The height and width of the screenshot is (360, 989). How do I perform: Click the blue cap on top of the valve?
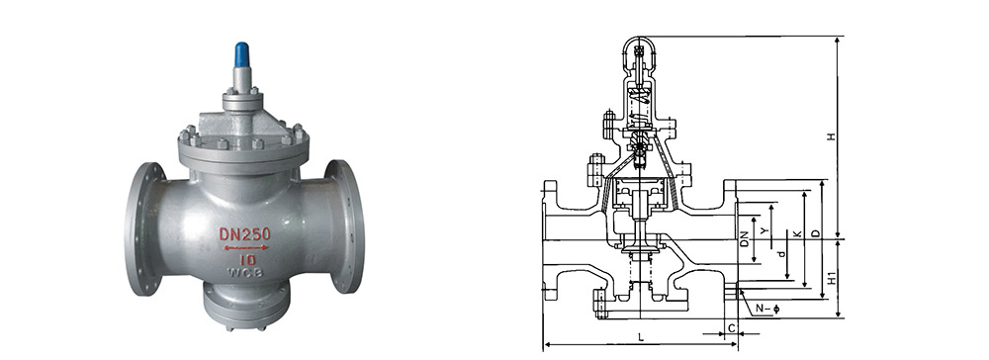(x=241, y=54)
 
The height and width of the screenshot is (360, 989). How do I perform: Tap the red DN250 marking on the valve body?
(x=244, y=234)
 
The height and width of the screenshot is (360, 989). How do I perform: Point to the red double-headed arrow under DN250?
(x=246, y=248)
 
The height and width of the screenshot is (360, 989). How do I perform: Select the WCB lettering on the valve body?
(x=245, y=272)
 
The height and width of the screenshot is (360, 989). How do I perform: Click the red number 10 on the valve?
(x=247, y=259)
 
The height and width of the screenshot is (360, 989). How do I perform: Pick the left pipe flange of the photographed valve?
(x=143, y=228)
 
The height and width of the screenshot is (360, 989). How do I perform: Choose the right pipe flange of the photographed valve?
(x=344, y=226)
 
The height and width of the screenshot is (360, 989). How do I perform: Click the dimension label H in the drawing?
(x=832, y=136)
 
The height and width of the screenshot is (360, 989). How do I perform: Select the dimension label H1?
(x=832, y=278)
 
